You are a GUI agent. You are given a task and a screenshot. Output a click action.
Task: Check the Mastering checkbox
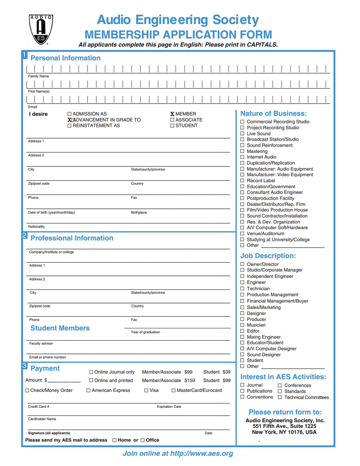click(x=242, y=151)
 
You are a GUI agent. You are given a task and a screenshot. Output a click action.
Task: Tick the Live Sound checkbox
click(x=242, y=133)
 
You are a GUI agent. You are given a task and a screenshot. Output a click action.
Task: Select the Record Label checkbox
click(x=242, y=181)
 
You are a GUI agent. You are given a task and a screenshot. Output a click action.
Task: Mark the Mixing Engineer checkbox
click(x=242, y=337)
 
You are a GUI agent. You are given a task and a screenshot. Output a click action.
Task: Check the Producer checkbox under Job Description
click(x=242, y=319)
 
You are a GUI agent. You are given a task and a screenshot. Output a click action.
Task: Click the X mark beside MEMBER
click(x=172, y=114)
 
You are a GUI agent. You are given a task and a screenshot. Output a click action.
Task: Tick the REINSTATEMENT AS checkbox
click(x=69, y=126)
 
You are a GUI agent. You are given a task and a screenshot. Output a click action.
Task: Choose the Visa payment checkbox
click(x=146, y=390)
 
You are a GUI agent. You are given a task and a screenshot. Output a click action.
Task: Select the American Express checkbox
click(x=88, y=390)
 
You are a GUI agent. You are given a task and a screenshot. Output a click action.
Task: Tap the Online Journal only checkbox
click(x=91, y=372)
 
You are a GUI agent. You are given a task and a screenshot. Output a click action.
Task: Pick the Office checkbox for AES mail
click(x=142, y=440)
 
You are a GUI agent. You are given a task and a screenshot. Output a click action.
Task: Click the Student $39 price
click(x=217, y=372)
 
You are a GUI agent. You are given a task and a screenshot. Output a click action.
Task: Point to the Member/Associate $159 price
click(x=168, y=381)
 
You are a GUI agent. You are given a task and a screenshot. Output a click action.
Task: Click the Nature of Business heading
click(x=273, y=114)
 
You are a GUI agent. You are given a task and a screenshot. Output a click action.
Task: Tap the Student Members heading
click(x=60, y=328)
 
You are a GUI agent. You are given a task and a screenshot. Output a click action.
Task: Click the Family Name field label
click(x=38, y=76)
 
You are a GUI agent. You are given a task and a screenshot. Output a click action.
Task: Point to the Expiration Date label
click(x=169, y=407)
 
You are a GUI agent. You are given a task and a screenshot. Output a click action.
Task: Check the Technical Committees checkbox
click(x=280, y=397)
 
